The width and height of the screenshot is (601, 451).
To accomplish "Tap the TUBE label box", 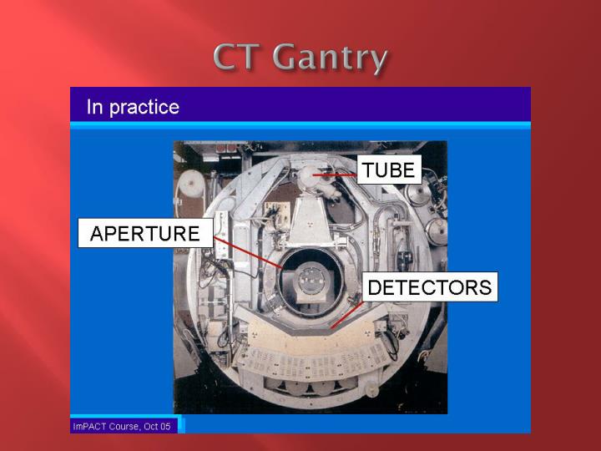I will pyautogui.click(x=389, y=170).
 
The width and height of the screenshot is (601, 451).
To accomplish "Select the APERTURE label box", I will pyautogui.click(x=144, y=233).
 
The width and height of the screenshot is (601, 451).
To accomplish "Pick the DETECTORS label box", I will pyautogui.click(x=429, y=287).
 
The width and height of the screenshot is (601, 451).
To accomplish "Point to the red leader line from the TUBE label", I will pyautogui.click(x=337, y=175).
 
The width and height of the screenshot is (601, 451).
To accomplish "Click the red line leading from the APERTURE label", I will pyautogui.click(x=250, y=252).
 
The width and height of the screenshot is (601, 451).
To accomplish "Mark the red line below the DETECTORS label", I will pyautogui.click(x=346, y=316).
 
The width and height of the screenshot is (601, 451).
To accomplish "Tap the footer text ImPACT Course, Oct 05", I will pyautogui.click(x=122, y=426).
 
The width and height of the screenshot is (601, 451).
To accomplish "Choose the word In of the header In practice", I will pyautogui.click(x=94, y=108).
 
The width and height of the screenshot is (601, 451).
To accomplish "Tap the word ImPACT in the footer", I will pyautogui.click(x=89, y=426).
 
